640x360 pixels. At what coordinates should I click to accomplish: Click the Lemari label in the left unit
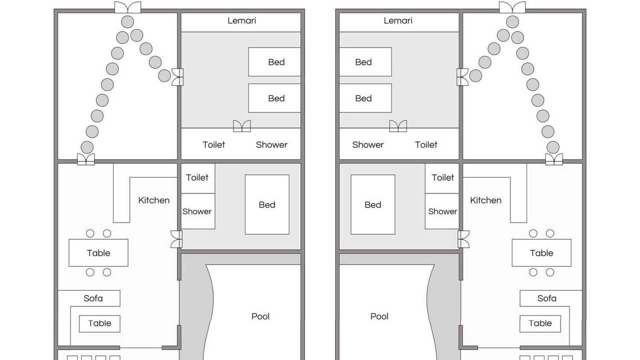coord(241,20)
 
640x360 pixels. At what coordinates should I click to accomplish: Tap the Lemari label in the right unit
coord(398,20)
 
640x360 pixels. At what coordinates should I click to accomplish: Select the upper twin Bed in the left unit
coord(274,61)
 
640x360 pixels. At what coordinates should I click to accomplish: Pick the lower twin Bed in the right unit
coord(365,98)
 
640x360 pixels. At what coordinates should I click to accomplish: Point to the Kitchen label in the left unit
coord(153,200)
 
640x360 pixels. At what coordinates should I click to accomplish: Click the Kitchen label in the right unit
coord(485,200)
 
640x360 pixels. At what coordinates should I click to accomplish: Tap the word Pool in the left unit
coord(260,316)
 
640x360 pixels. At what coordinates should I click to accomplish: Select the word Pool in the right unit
coord(379,316)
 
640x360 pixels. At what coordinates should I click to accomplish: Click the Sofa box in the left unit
coord(89,298)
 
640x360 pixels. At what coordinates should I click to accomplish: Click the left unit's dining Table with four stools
coord(98,253)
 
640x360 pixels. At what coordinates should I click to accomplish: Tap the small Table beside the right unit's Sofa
coord(540,323)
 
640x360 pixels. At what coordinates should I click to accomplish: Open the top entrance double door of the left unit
coord(127,7)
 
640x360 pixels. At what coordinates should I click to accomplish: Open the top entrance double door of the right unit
coord(512,7)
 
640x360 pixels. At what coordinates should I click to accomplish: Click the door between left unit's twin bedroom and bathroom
coord(242,126)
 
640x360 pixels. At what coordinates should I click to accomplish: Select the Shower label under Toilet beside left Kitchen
coord(197,211)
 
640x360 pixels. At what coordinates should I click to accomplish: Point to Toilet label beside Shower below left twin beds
coord(213,145)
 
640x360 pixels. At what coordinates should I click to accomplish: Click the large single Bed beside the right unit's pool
coord(373,204)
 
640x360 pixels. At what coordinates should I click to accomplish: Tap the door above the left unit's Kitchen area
coord(86,159)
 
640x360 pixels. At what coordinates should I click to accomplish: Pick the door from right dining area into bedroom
coord(463,239)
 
